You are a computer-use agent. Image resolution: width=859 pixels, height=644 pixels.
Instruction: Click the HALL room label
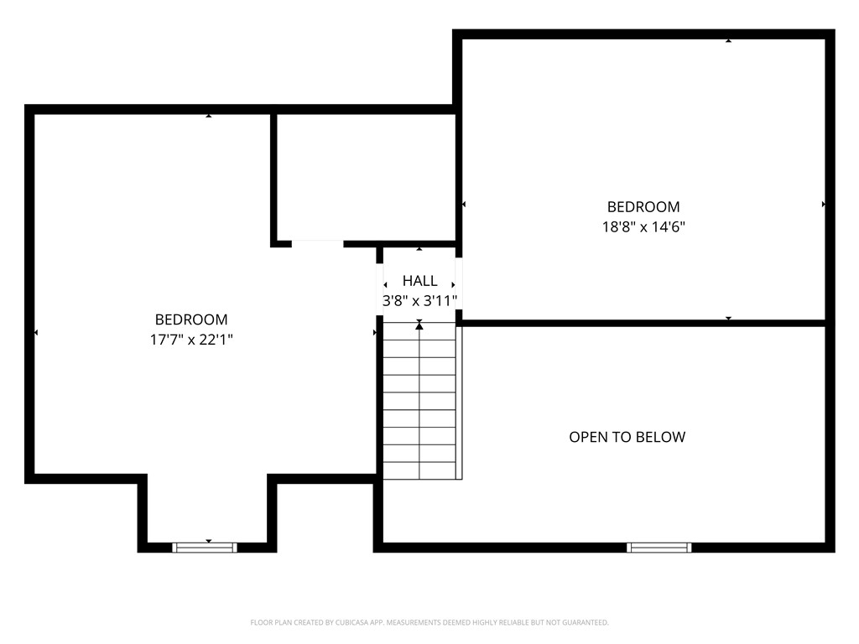point(419,281)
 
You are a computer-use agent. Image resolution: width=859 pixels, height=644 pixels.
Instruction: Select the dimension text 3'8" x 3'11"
point(419,301)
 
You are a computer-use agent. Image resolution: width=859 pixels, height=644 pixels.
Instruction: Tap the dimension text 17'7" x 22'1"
point(191,340)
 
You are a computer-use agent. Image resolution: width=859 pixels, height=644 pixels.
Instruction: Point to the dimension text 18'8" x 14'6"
point(643,226)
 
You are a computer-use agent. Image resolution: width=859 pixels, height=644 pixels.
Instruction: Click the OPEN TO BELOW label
point(627,437)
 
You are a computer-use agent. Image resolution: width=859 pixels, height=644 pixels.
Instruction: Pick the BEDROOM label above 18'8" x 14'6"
point(643,207)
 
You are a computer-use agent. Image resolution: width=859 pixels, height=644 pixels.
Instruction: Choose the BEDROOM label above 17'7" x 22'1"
point(191,319)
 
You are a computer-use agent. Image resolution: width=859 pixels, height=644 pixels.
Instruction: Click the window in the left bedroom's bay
point(205,548)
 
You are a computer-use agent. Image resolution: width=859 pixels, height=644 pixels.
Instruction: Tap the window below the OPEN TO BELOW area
point(659,548)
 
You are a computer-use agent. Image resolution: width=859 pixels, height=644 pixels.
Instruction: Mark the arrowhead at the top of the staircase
point(419,325)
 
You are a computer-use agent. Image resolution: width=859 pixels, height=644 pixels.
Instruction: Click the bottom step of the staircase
point(419,470)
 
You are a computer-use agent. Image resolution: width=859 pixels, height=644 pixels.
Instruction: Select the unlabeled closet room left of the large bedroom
point(366,177)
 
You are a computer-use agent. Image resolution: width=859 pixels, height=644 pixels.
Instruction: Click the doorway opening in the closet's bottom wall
point(317,244)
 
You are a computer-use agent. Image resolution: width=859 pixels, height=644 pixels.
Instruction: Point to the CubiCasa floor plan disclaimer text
point(429,623)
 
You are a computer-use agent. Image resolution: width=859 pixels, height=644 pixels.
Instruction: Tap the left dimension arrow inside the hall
point(385,285)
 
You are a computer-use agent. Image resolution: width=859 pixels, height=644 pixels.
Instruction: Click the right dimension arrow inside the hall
point(453,285)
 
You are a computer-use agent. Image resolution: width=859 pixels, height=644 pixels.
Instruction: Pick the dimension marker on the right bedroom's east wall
point(824,205)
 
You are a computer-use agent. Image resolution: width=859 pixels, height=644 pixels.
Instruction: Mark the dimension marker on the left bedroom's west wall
point(36,332)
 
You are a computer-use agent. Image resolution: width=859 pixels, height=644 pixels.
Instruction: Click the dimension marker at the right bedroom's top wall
point(729,40)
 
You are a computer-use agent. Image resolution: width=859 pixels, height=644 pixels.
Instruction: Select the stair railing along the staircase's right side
point(459,403)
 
